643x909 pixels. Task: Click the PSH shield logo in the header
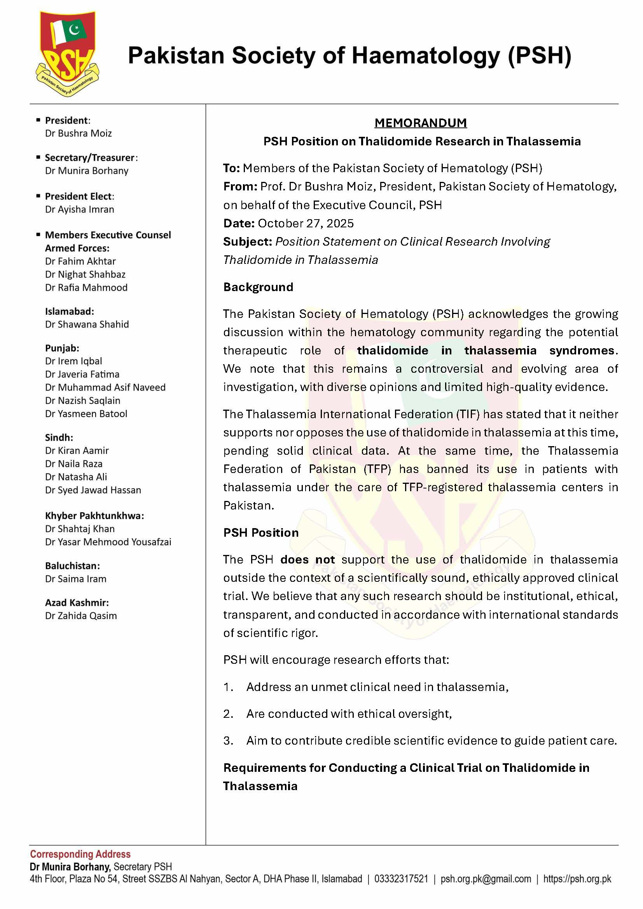pos(67,54)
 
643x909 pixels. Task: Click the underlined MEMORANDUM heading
pos(421,123)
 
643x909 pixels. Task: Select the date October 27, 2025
pos(306,223)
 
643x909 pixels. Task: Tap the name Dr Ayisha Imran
pos(80,209)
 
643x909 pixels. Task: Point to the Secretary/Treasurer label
pos(90,157)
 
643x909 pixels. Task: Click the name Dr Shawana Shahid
pos(87,324)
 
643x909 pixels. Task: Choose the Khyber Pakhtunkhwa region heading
pos(94,515)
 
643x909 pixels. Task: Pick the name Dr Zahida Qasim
pos(81,616)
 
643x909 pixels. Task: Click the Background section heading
pos(258,287)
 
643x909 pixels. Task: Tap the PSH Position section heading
pos(261,532)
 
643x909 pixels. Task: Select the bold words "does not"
pos(307,559)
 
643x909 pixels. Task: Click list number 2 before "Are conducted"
pos(228,714)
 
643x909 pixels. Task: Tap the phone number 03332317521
pos(401,879)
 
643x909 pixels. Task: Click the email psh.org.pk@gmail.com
pos(486,879)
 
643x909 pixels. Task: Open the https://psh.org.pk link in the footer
pos(577,879)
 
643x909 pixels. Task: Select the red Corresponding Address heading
pos(80,854)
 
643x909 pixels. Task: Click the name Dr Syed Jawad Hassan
pos(93,490)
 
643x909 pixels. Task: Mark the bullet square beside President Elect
pos(38,196)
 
